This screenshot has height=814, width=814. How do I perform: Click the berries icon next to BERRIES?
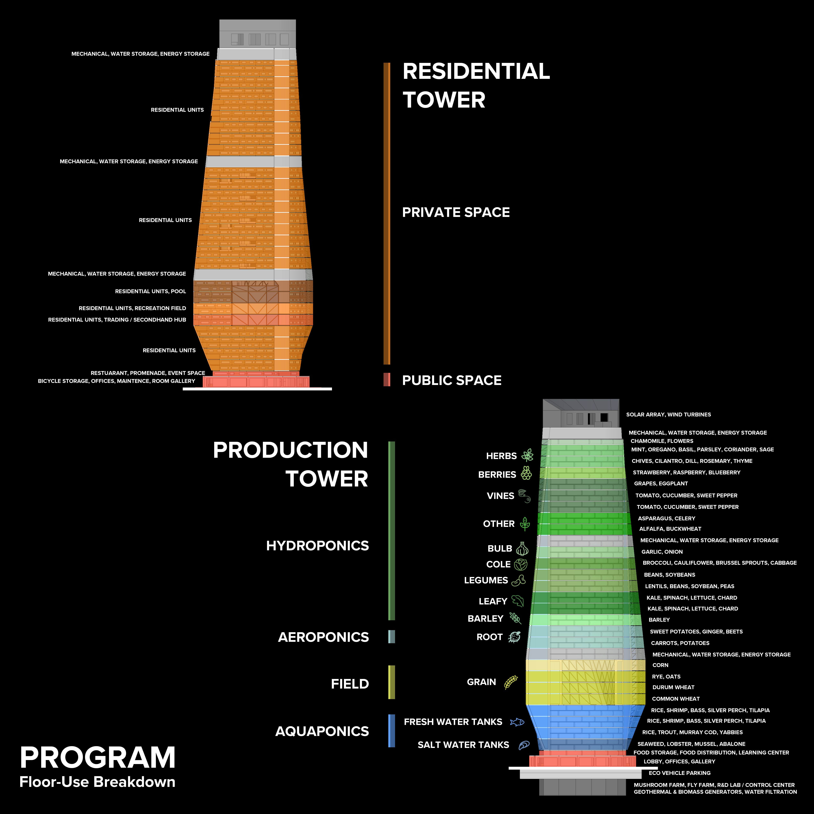tap(526, 473)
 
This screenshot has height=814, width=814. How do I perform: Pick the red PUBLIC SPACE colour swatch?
tap(386, 380)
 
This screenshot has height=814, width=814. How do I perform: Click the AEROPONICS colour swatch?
tap(391, 637)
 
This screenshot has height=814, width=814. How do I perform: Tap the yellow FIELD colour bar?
tap(391, 682)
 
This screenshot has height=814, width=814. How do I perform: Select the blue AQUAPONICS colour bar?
tap(391, 731)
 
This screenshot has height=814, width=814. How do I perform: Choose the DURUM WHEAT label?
tap(673, 687)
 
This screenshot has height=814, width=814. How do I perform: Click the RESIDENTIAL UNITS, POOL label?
tap(150, 291)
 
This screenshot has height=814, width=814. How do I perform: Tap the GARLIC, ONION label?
tap(662, 551)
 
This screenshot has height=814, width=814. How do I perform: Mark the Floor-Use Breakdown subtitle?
tap(97, 782)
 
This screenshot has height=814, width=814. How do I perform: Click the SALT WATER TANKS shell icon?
tap(524, 745)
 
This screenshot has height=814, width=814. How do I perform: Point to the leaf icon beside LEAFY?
tap(518, 601)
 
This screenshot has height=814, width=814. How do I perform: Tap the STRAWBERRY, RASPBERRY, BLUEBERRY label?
tap(686, 472)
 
